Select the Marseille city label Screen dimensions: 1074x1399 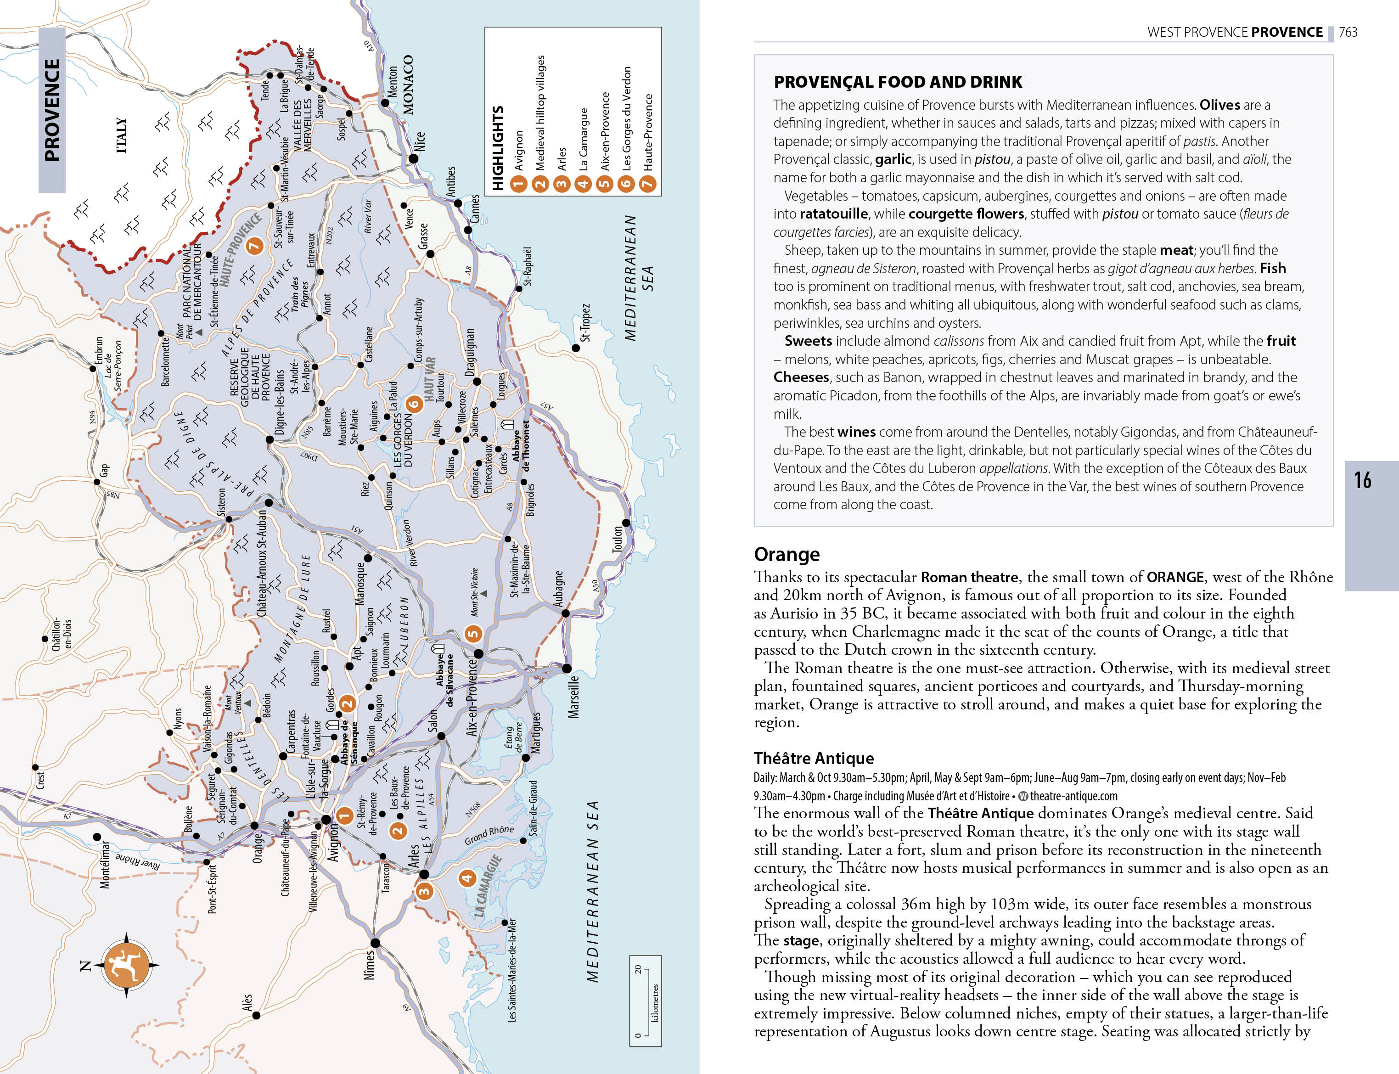tap(573, 697)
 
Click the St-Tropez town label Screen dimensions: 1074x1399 tap(585, 323)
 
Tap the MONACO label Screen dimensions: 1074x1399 tap(408, 84)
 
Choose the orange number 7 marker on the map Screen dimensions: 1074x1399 tap(254, 246)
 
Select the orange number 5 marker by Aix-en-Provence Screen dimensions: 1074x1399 tap(472, 634)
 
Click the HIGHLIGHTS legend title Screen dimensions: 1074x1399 tap(498, 148)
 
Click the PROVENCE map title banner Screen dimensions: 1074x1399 tap(52, 110)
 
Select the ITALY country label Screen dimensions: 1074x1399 tap(121, 135)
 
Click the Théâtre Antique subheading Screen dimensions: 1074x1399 tap(814, 758)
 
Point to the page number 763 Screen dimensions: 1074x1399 tap(1348, 32)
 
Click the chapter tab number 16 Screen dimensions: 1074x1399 tap(1363, 480)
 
